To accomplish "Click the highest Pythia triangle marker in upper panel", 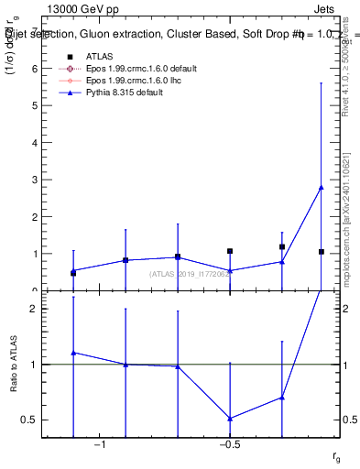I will (321, 187).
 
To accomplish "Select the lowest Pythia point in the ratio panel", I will (230, 419).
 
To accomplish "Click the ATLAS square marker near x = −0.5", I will (230, 251).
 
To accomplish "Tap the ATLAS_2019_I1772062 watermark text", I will (189, 274).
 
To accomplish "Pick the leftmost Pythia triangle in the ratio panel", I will (73, 353).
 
